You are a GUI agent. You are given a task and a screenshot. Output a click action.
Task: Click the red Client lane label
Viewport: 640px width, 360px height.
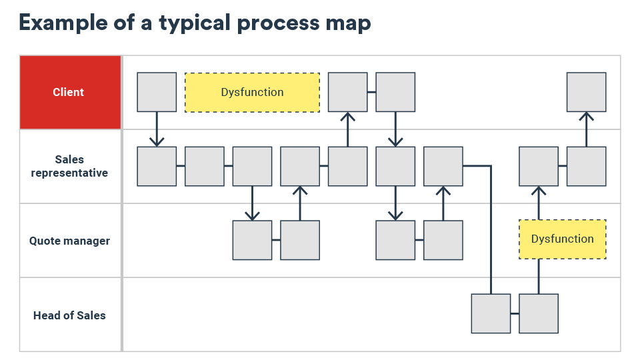click(x=69, y=92)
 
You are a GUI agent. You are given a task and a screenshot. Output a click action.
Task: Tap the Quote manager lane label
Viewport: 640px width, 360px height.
click(x=69, y=241)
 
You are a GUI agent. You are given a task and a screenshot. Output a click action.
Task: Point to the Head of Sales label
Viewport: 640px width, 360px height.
click(x=69, y=315)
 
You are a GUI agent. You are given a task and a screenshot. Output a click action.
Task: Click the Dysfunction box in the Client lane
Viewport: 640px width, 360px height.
click(x=252, y=92)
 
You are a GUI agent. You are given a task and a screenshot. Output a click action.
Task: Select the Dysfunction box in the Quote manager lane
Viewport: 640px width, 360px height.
click(x=562, y=239)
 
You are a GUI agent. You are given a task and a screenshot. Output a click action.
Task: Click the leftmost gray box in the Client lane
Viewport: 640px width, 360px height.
click(x=157, y=92)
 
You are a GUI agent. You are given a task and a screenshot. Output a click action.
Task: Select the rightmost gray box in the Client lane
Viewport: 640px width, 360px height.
click(x=586, y=92)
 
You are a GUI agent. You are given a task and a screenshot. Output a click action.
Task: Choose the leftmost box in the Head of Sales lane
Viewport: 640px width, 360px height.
click(x=491, y=313)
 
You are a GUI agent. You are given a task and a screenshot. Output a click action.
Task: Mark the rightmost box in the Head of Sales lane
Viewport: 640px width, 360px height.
click(x=539, y=313)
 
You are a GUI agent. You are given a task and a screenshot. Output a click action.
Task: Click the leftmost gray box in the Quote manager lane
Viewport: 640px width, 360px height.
click(x=252, y=240)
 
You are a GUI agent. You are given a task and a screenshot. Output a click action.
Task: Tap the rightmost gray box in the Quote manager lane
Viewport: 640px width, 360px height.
click(x=443, y=240)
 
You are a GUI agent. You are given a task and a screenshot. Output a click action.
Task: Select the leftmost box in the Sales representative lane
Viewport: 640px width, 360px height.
click(x=157, y=166)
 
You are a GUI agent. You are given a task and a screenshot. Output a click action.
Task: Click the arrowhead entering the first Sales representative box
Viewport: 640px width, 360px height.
click(x=157, y=141)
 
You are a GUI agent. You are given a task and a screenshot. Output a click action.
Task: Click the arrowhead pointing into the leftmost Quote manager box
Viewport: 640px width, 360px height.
click(x=252, y=215)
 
